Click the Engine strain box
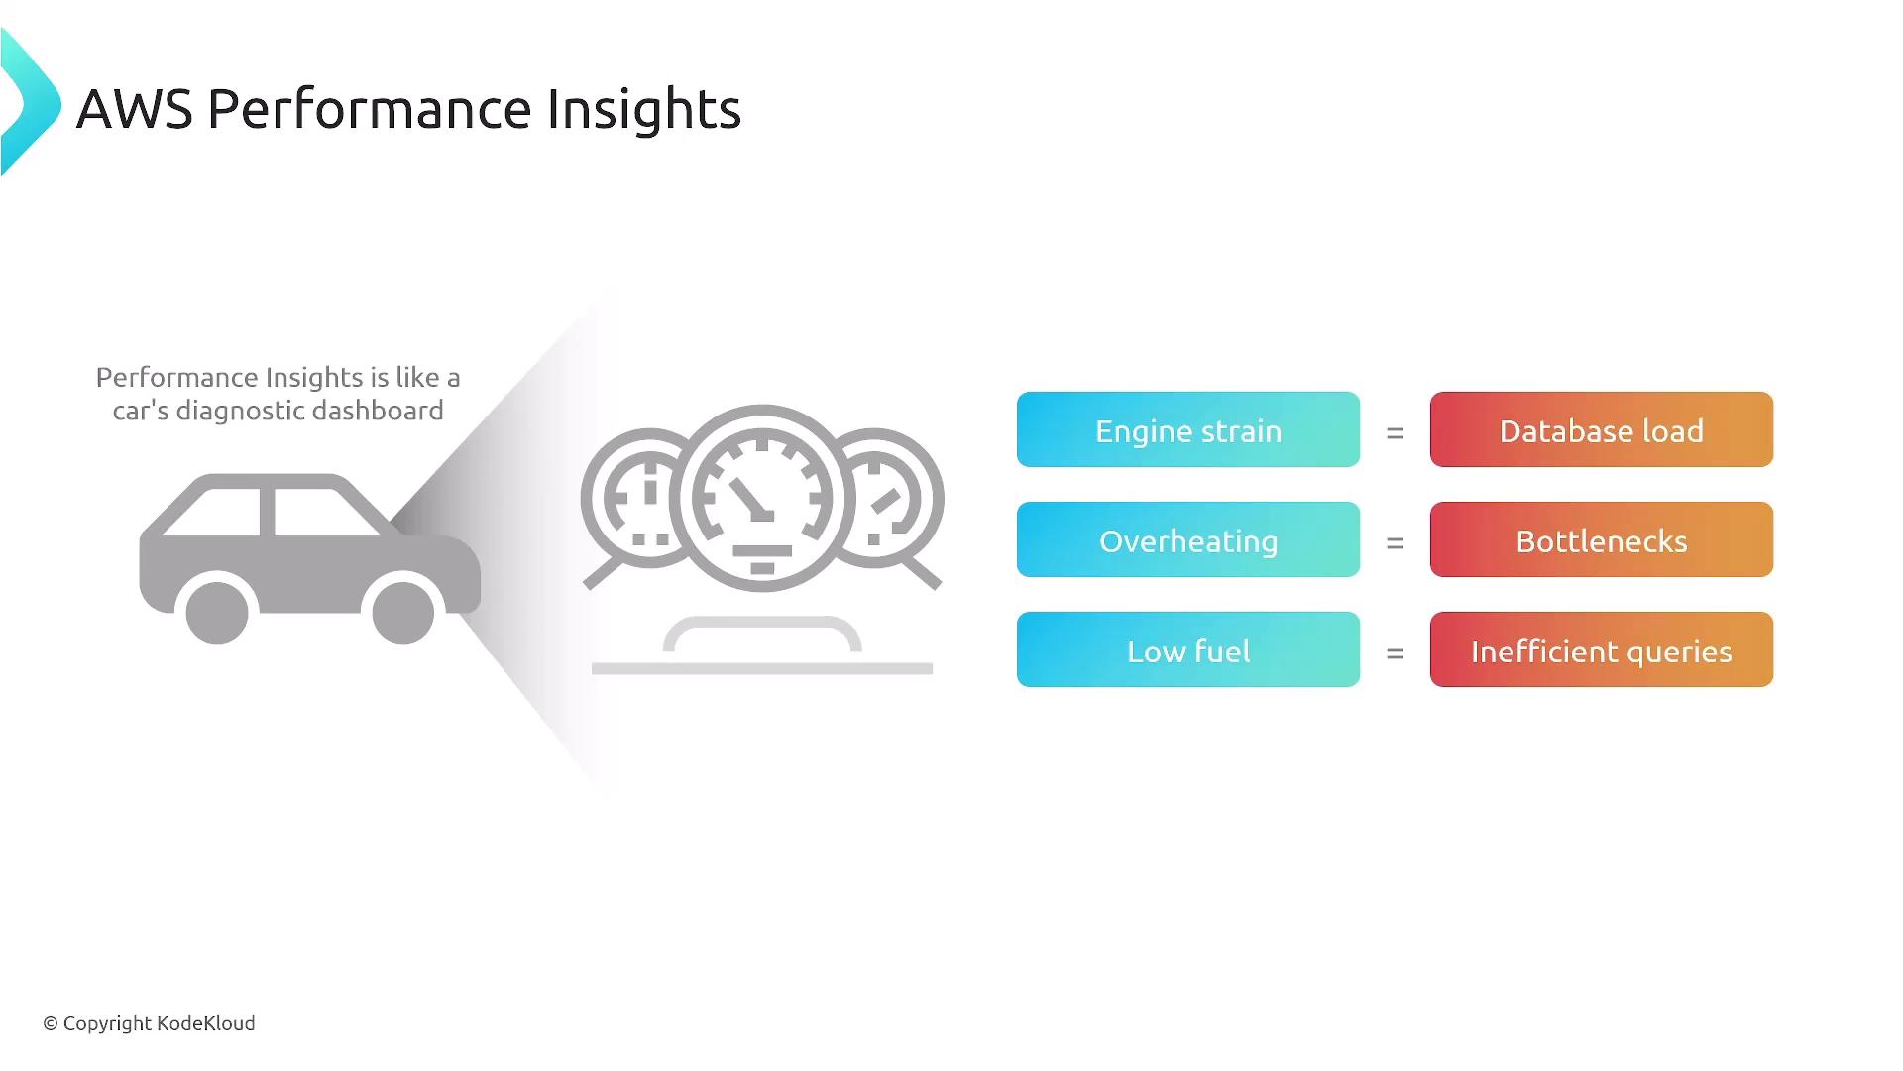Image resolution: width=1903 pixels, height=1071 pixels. point(1188,429)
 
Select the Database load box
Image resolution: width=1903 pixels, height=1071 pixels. point(1602,429)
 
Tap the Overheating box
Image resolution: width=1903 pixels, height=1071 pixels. point(1188,539)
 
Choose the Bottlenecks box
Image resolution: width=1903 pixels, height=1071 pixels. point(1602,539)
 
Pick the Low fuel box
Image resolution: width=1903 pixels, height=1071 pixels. point(1188,650)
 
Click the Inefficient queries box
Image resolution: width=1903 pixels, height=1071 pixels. point(1602,650)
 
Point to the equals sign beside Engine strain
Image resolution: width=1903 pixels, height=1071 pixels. point(1396,433)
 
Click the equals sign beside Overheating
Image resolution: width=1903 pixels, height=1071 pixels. point(1396,543)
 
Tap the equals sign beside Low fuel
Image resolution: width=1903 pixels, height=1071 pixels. point(1396,654)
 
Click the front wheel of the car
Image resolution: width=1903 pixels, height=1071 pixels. point(403,613)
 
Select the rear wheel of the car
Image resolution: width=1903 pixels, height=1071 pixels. point(217,613)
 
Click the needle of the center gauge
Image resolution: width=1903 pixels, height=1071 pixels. point(751,500)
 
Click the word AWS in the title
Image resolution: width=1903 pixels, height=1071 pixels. point(135,109)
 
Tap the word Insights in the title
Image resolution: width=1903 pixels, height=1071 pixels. point(644,109)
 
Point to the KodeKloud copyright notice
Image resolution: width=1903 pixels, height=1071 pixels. point(149,1023)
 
